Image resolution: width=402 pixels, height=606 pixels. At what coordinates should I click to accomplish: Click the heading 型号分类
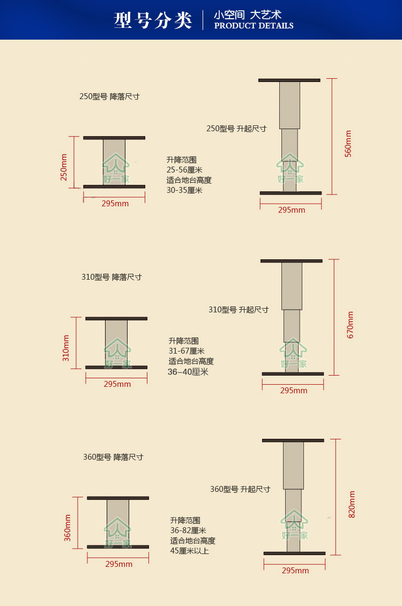pyautogui.click(x=153, y=20)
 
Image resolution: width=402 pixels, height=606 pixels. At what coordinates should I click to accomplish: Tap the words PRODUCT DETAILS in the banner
pyautogui.click(x=254, y=26)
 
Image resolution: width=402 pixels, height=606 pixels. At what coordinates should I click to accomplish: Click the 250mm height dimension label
pyautogui.click(x=64, y=167)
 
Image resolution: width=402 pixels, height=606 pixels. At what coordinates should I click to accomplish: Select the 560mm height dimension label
pyautogui.click(x=348, y=143)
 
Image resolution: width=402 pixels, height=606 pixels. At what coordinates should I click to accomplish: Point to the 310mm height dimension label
pyautogui.click(x=66, y=348)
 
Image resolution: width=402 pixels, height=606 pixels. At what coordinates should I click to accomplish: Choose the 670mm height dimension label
pyautogui.click(x=351, y=325)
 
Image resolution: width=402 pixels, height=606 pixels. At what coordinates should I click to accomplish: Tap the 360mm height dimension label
pyautogui.click(x=68, y=527)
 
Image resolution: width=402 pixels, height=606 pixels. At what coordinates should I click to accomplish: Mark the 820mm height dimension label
pyautogui.click(x=352, y=504)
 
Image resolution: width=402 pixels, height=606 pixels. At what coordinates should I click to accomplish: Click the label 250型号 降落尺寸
pyautogui.click(x=109, y=97)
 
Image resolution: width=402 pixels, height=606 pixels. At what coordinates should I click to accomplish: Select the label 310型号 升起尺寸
pyautogui.click(x=239, y=310)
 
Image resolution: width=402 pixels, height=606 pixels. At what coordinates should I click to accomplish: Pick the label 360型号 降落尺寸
pyautogui.click(x=113, y=458)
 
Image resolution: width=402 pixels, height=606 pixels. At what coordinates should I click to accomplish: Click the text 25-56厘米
pyautogui.click(x=184, y=170)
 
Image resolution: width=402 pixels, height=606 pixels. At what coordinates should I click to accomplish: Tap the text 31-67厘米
pyautogui.click(x=187, y=351)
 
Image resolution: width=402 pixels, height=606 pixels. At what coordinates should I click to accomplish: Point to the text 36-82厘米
pyautogui.click(x=188, y=530)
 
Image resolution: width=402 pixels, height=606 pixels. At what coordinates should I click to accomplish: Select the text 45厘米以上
pyautogui.click(x=190, y=551)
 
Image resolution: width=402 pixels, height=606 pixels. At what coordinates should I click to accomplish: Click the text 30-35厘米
pyautogui.click(x=184, y=190)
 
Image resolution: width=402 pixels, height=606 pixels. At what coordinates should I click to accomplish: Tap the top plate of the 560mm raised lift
pyautogui.click(x=289, y=80)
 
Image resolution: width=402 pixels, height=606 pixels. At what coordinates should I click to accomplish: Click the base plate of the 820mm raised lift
pyautogui.click(x=294, y=553)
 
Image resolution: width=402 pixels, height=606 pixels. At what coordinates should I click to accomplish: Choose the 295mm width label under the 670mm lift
pyautogui.click(x=294, y=391)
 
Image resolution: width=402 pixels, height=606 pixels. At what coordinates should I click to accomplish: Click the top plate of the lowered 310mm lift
pyautogui.click(x=116, y=318)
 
